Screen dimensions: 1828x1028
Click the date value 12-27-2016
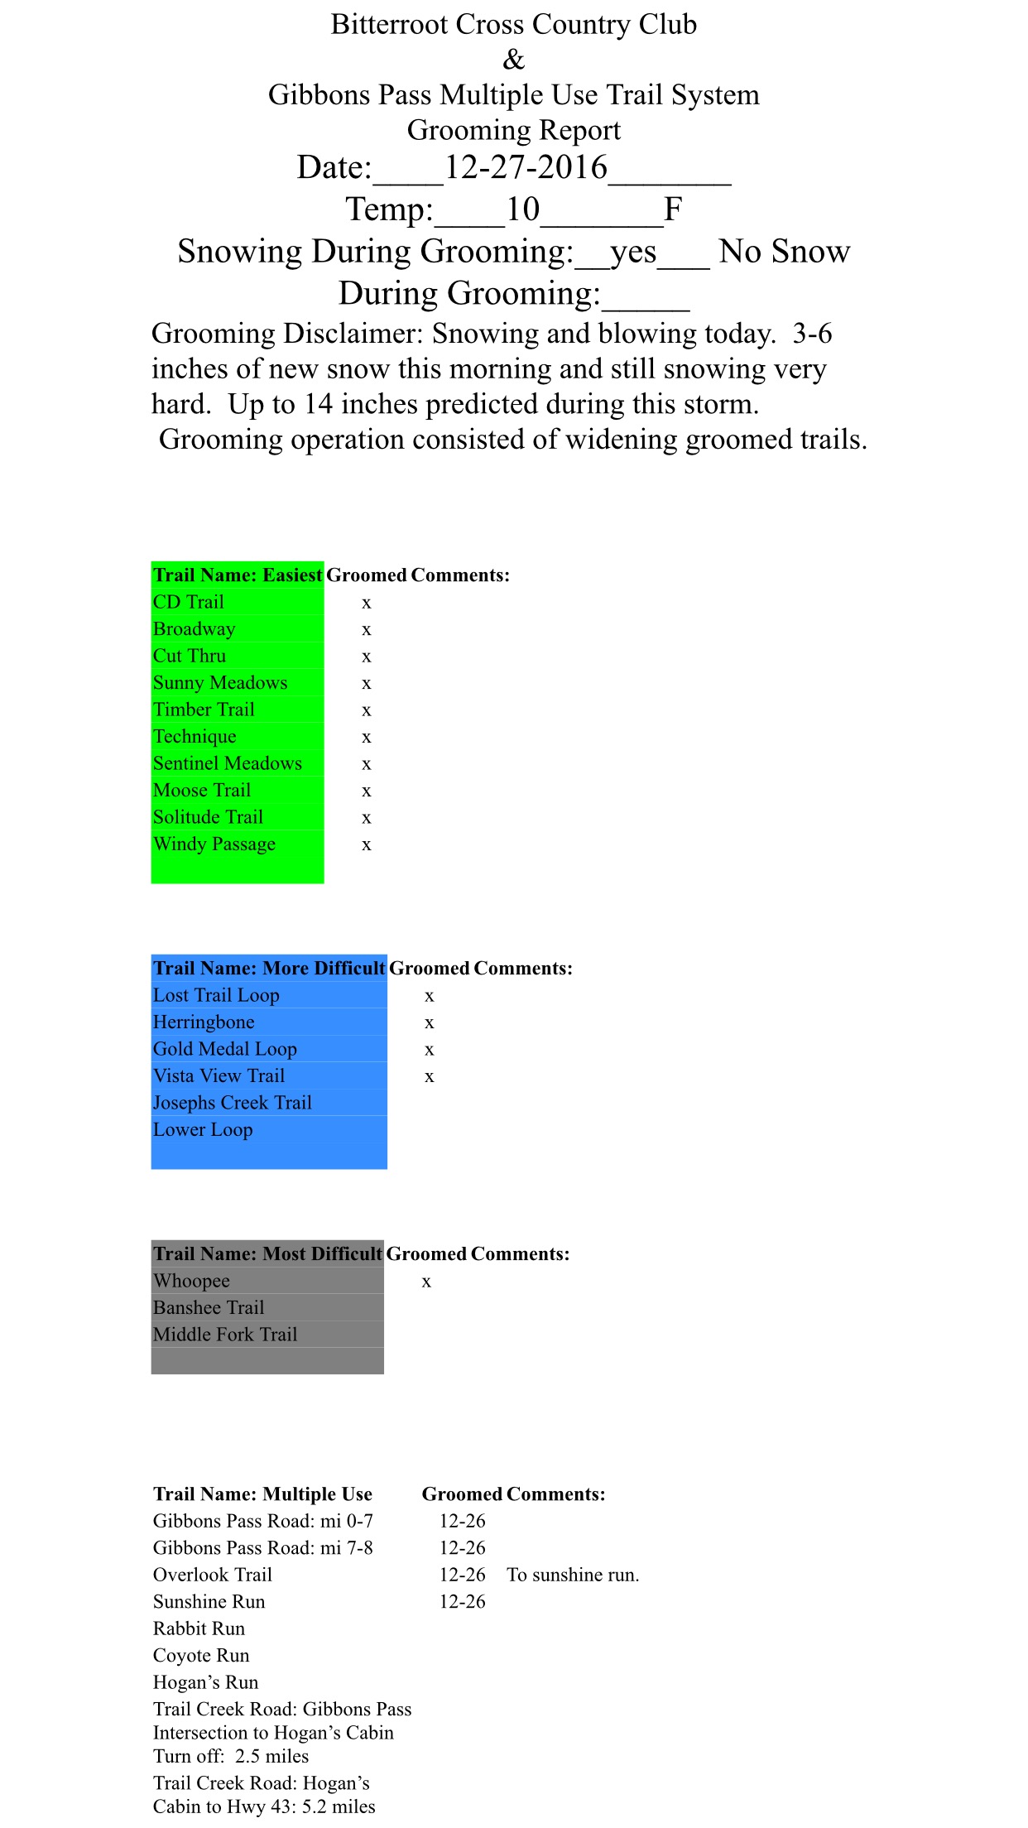point(526,168)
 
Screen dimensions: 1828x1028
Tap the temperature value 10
point(522,209)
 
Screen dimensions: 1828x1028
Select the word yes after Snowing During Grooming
point(633,252)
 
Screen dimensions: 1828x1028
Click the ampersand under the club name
point(514,60)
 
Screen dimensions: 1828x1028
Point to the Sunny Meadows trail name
point(220,683)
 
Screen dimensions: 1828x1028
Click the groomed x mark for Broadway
point(367,630)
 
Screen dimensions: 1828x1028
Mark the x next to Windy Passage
point(367,845)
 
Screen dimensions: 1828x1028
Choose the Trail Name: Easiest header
point(238,575)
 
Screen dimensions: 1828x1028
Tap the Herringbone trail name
point(204,1022)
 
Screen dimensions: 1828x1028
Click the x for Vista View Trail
point(430,1077)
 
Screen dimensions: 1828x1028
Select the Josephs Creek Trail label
point(233,1103)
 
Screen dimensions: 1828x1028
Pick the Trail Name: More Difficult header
point(269,969)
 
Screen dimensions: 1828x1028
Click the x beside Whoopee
point(426,1282)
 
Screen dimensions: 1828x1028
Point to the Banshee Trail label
point(209,1308)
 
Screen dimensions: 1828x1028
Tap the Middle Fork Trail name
point(225,1335)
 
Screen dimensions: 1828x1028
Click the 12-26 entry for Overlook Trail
point(462,1575)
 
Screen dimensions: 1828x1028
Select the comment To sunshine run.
point(573,1575)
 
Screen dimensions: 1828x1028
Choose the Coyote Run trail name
point(201,1656)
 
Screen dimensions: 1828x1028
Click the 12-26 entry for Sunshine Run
point(462,1602)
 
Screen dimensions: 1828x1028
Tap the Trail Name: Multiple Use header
point(262,1494)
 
